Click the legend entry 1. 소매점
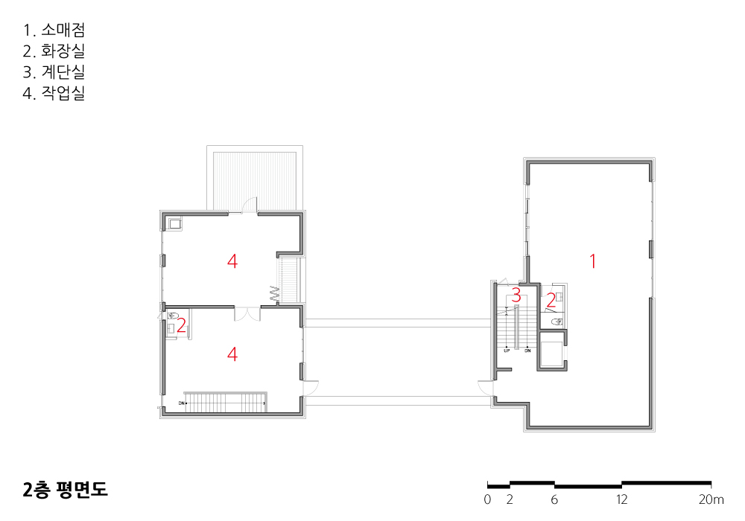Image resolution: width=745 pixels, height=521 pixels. pos(54,31)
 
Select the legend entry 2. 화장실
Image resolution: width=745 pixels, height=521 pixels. pos(54,51)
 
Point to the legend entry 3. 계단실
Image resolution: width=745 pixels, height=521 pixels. pos(54,72)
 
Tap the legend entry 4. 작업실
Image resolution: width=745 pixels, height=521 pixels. pos(54,93)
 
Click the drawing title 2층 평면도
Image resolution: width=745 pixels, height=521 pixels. pos(65,490)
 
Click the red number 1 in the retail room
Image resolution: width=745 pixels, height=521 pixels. pos(592,261)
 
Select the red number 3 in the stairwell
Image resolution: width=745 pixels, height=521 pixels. pos(516,295)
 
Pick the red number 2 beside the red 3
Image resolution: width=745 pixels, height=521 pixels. pos(551,301)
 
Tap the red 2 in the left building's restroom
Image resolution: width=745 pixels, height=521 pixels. pos(181,325)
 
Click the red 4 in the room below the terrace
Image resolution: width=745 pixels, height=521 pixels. pos(232,261)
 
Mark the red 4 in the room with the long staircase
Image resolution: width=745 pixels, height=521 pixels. pos(232,354)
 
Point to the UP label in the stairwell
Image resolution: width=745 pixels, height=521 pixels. pos(507,351)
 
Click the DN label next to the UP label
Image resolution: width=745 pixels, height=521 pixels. pos(527,351)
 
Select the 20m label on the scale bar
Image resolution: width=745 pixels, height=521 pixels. pos(711,499)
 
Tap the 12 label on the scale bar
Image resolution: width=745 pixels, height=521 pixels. pos(621,499)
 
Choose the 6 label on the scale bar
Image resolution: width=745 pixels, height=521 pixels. pos(554,499)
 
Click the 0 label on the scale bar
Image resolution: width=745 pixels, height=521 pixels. pos(487,499)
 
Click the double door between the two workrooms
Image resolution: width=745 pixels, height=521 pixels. pos(247,314)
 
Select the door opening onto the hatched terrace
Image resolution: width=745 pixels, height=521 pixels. pos(250,206)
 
